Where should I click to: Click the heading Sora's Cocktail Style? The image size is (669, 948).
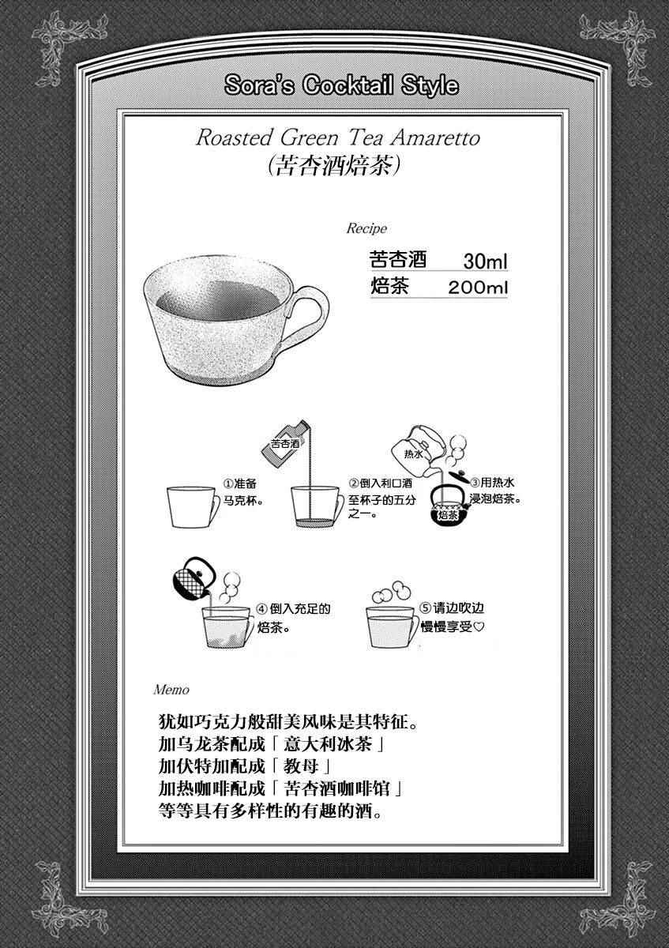[x=341, y=85]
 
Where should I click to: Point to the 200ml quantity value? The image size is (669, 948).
[x=478, y=288]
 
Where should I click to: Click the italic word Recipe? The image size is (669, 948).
[x=366, y=228]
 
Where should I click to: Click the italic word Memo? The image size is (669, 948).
[x=171, y=690]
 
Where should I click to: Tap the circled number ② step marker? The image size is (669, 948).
[x=354, y=483]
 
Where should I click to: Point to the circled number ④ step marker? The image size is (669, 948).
[x=262, y=609]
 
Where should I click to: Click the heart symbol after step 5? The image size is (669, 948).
[x=478, y=626]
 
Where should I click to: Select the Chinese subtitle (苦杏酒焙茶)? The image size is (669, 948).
[x=334, y=164]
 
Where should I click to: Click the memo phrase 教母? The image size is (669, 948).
[x=301, y=766]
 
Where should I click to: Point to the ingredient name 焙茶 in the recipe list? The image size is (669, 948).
[x=389, y=286]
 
